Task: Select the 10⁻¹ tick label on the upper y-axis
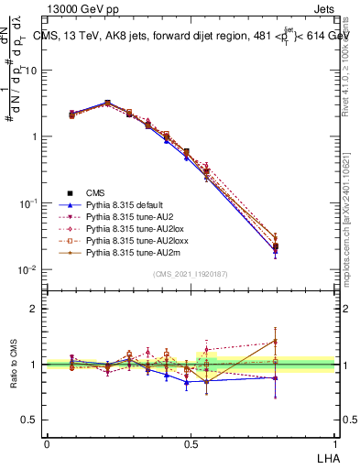click(27, 202)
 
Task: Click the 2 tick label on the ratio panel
click(33, 309)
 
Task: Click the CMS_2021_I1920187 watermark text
click(190, 274)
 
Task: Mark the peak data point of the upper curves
click(107, 104)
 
